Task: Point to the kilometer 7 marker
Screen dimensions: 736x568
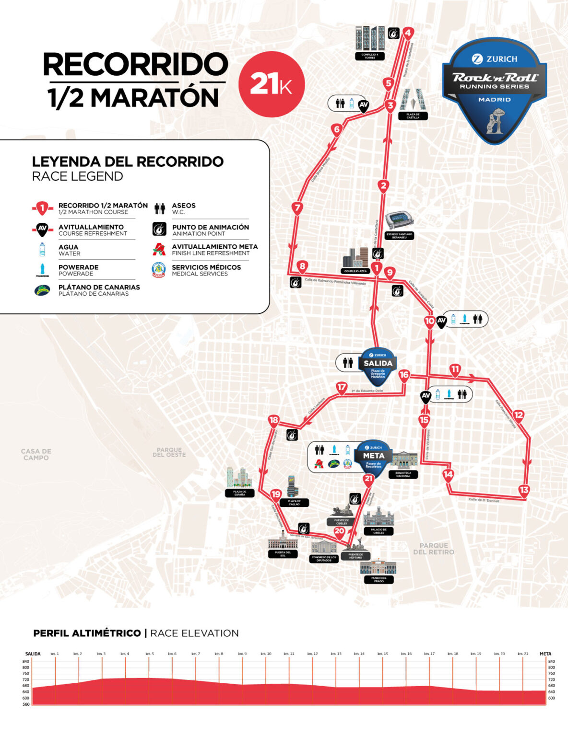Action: click(297, 208)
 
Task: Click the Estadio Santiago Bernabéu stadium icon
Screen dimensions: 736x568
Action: click(399, 220)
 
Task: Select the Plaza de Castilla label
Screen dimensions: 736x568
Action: click(413, 115)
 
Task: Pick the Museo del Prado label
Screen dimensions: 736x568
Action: click(379, 579)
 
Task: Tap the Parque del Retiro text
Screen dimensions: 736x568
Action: click(433, 549)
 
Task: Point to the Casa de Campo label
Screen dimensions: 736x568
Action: click(36, 454)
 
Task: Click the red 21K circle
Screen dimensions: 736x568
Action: click(272, 84)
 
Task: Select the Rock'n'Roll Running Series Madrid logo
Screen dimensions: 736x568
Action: click(495, 90)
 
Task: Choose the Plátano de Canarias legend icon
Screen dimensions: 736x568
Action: click(42, 290)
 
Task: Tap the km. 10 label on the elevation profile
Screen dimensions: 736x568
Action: click(266, 654)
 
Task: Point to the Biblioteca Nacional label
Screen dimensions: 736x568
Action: click(403, 474)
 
